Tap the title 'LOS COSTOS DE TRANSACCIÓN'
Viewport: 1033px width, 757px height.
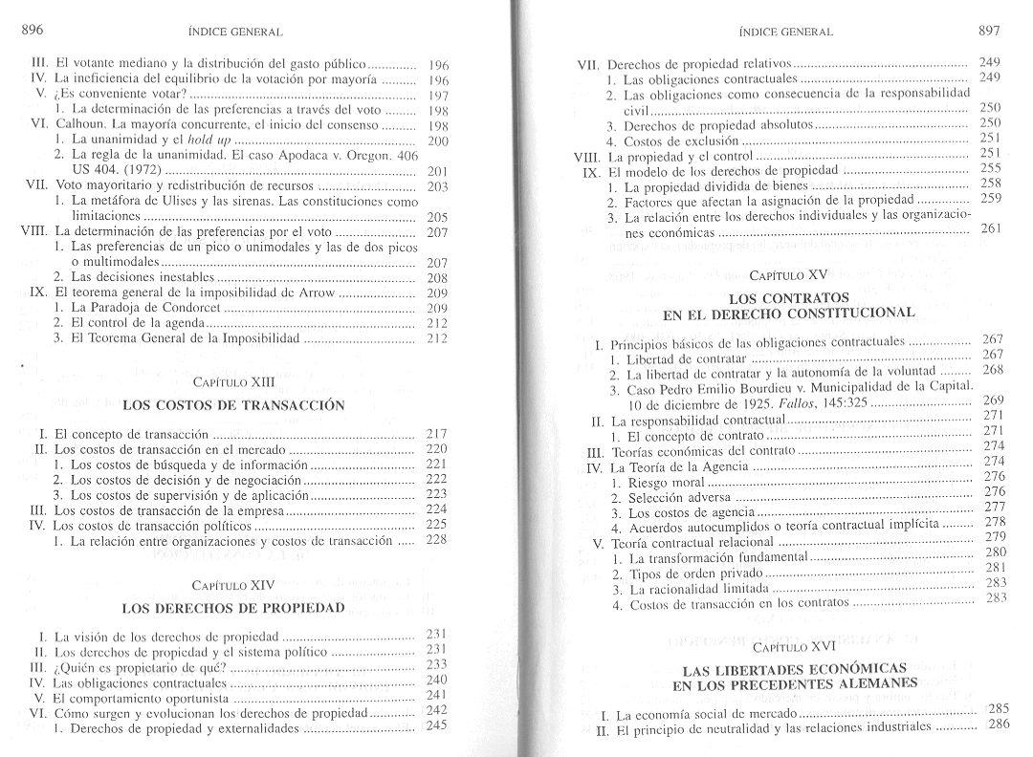[x=232, y=405]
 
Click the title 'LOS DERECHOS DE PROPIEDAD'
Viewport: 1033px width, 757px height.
[x=232, y=607]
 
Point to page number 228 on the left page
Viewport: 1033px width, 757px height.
[x=435, y=541]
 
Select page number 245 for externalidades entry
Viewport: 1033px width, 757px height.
[x=436, y=726]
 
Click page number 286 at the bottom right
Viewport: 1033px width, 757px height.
[x=998, y=725]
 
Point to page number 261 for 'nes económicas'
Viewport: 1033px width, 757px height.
[x=990, y=228]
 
